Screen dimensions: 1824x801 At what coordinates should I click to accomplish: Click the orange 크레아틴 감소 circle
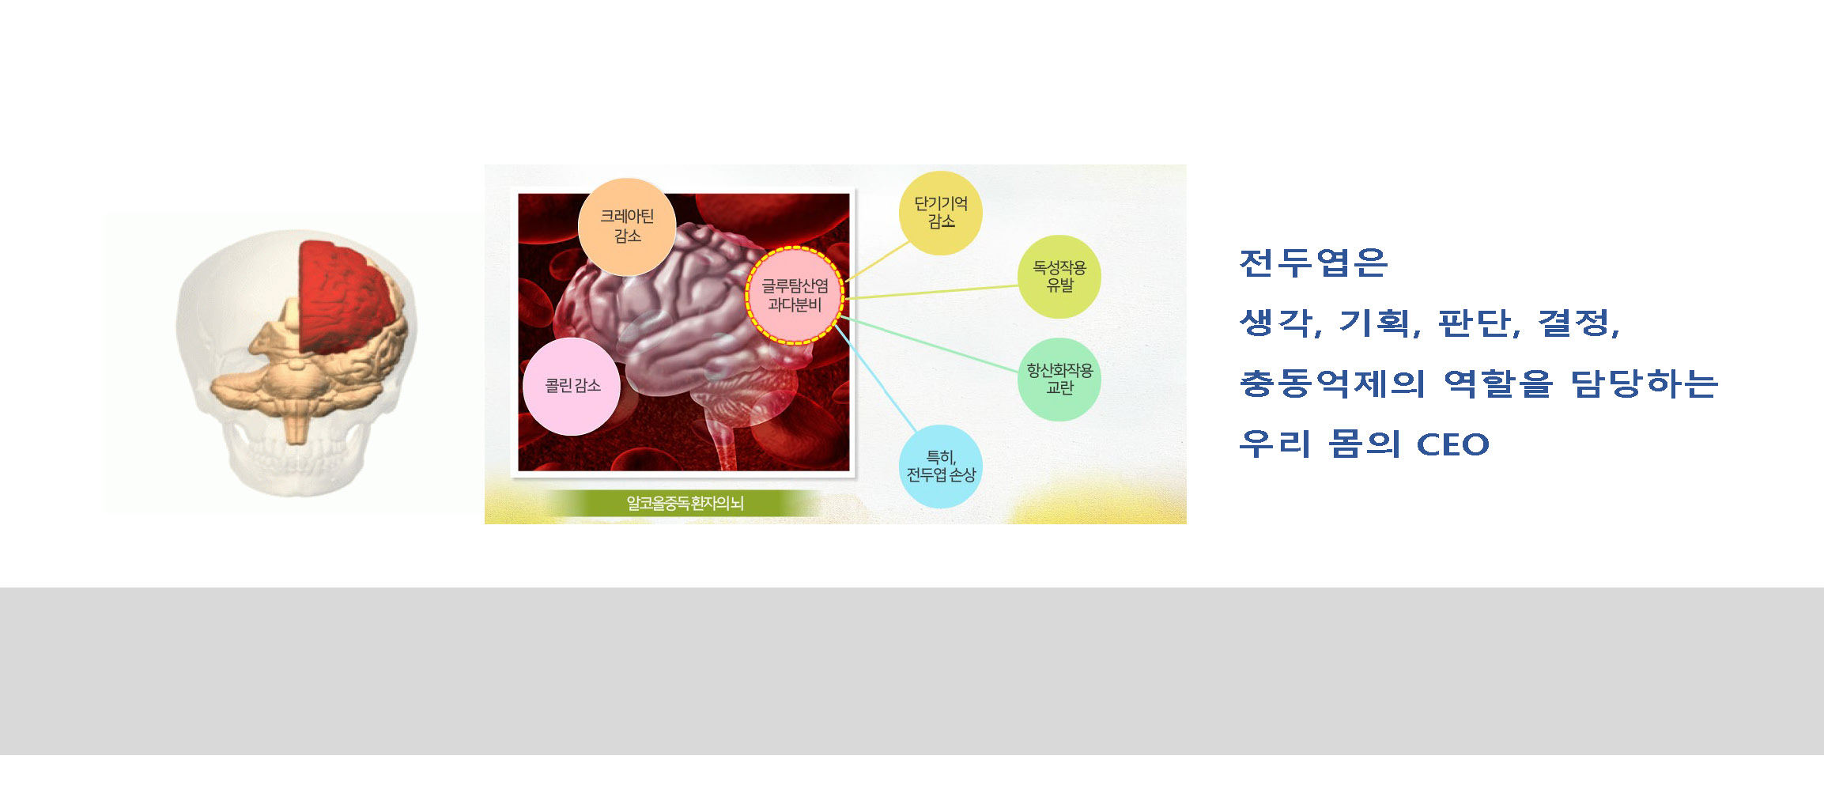coord(627,227)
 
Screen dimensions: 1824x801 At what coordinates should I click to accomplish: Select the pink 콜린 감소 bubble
coord(572,386)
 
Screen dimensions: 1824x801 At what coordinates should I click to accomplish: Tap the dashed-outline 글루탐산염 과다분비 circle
coord(795,295)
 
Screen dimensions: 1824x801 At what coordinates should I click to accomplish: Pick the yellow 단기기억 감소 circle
coord(941,213)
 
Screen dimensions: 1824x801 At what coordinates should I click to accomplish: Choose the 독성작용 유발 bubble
coord(1059,277)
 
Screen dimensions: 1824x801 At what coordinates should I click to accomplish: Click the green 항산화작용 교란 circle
coord(1059,380)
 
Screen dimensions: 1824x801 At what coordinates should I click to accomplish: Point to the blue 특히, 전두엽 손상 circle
coord(941,467)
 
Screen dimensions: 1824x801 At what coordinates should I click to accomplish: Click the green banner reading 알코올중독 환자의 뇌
coord(685,503)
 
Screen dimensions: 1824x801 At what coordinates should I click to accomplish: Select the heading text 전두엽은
coord(1313,263)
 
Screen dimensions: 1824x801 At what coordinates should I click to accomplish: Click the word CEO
coord(1453,444)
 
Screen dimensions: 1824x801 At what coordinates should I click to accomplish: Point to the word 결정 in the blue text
coord(1573,323)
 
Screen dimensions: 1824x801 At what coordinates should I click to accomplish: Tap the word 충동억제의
coord(1332,383)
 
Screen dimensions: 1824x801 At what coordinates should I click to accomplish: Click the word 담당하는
coord(1645,383)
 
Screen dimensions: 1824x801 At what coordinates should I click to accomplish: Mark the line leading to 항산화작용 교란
coord(929,343)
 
